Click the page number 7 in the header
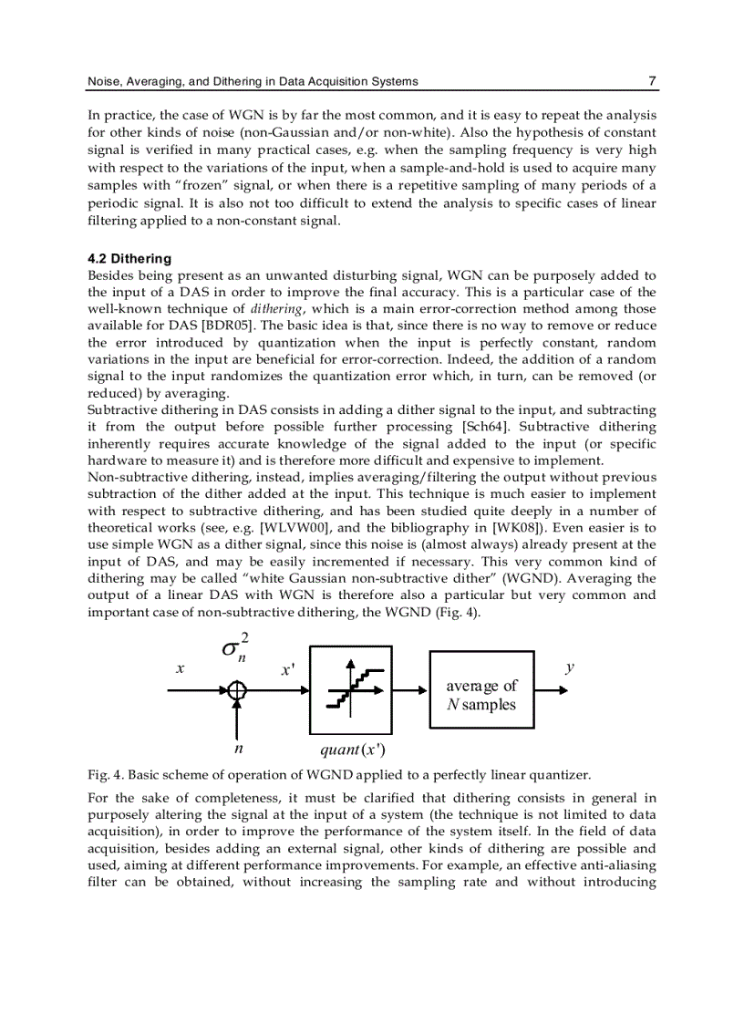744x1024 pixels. (652, 81)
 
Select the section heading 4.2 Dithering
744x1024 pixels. (129, 259)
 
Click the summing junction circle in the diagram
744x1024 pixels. (237, 690)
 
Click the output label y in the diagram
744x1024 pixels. (570, 667)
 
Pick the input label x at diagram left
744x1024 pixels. (181, 668)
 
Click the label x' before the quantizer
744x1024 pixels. (287, 670)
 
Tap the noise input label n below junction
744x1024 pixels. (238, 750)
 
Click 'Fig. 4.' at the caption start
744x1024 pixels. (105, 775)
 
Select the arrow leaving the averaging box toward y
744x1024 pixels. (551, 690)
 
